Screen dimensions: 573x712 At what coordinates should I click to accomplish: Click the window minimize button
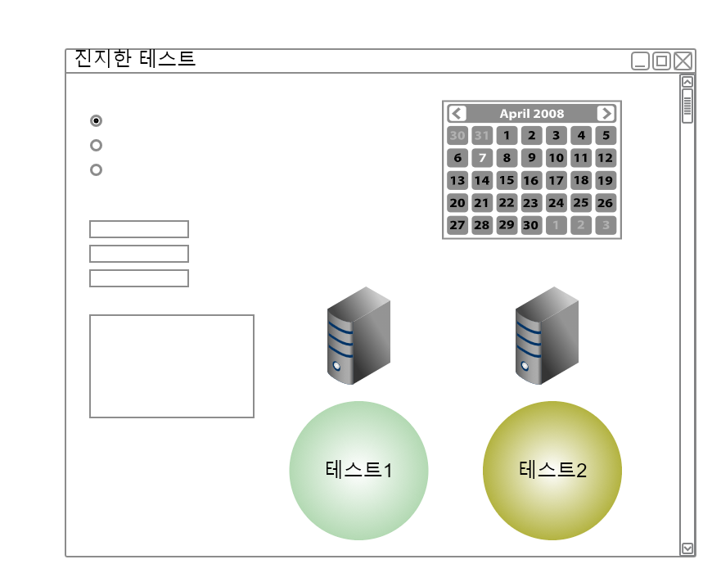641,61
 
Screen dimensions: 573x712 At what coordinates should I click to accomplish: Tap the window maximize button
661,61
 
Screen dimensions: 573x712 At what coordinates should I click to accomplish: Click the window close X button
683,61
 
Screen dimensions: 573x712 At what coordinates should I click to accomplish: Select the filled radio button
96,121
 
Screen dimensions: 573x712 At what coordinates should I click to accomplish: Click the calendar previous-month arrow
457,114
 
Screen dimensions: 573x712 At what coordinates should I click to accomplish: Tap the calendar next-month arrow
606,114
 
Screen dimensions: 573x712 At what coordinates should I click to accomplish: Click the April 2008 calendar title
532,114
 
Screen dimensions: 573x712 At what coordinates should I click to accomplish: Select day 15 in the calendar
507,180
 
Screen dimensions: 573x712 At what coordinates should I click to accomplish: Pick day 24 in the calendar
556,202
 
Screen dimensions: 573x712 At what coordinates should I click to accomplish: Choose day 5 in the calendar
605,136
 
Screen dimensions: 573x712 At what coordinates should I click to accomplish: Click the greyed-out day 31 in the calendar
482,136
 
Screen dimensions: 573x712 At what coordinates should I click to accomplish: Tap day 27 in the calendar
457,224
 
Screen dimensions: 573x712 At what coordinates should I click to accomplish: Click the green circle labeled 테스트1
358,471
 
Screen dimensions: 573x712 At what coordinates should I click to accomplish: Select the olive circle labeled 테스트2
552,471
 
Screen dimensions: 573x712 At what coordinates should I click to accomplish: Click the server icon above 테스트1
358,336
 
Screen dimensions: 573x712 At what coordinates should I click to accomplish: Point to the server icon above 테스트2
547,336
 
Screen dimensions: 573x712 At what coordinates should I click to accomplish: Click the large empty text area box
172,366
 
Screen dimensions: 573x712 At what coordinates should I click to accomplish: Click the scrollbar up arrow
687,82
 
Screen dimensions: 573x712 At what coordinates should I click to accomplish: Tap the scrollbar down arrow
687,548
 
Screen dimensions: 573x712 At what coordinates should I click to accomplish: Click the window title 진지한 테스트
135,59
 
